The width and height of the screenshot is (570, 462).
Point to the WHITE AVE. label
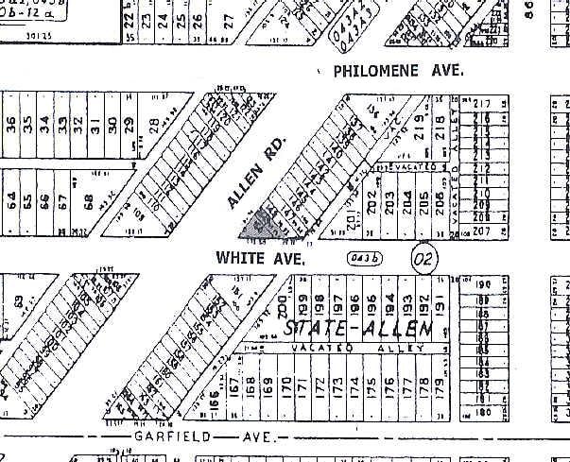260,257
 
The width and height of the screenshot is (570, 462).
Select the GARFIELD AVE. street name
216,438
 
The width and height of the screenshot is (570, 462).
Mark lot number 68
90,202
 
